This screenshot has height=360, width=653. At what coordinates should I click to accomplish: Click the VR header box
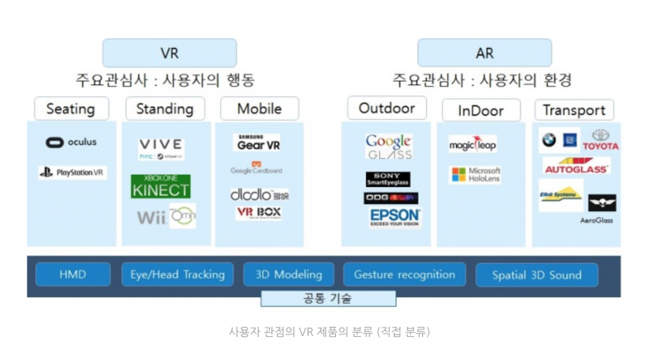click(x=169, y=53)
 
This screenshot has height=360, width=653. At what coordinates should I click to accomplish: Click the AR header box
click(x=484, y=53)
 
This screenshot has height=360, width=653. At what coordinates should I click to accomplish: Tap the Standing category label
click(x=165, y=108)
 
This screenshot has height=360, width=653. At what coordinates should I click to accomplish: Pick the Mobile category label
click(x=259, y=108)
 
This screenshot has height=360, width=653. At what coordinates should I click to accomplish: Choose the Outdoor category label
click(x=386, y=108)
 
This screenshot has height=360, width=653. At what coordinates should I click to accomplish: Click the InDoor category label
click(x=480, y=110)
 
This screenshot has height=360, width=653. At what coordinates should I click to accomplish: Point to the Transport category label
click(x=574, y=110)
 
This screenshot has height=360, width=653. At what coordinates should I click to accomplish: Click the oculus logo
click(x=71, y=142)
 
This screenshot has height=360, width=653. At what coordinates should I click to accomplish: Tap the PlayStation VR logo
click(x=72, y=173)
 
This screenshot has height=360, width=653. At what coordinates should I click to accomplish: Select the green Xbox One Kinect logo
click(x=161, y=185)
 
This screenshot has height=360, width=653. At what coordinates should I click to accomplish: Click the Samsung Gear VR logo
click(x=257, y=142)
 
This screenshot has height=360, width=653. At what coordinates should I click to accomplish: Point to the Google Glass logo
click(x=388, y=147)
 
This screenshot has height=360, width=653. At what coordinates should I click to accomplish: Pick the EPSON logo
click(x=395, y=217)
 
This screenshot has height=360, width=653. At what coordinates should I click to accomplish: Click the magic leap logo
click(x=473, y=145)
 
